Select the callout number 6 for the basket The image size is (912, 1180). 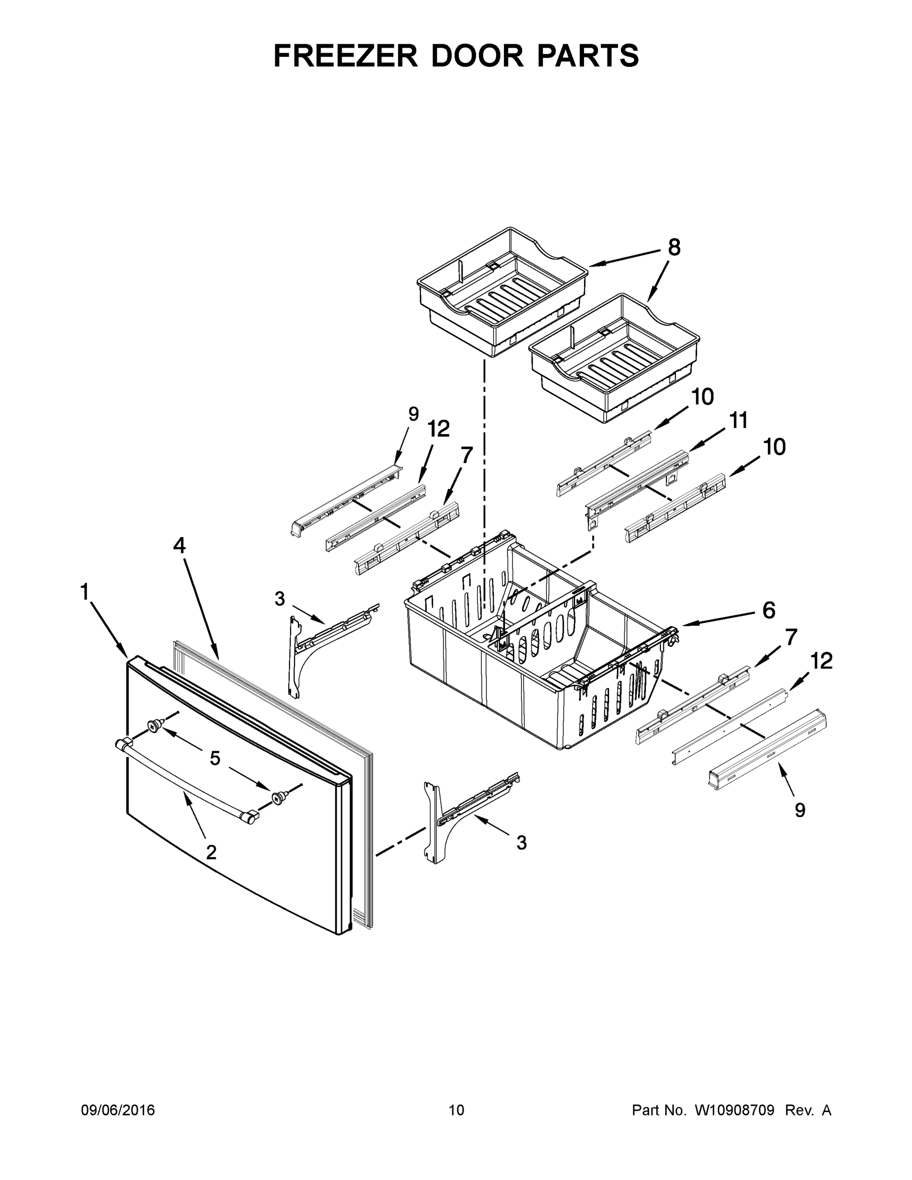(769, 610)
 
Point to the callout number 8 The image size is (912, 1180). (674, 247)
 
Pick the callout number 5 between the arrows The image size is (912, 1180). (215, 759)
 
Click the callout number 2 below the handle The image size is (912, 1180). (211, 853)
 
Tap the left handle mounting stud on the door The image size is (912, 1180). (154, 726)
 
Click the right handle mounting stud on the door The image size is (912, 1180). (279, 797)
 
